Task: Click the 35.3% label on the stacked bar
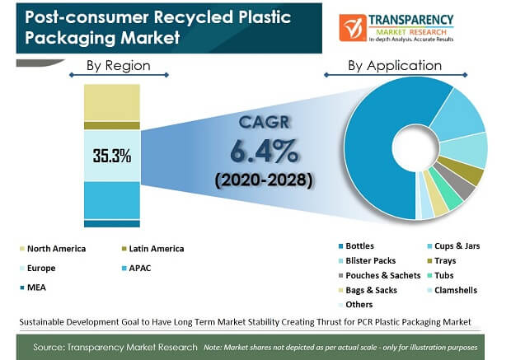pyautogui.click(x=111, y=155)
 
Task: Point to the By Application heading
pyautogui.click(x=395, y=65)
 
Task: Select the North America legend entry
pyautogui.click(x=56, y=248)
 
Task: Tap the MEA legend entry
pyautogui.click(x=38, y=287)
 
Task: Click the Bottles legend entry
pyautogui.click(x=359, y=245)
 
